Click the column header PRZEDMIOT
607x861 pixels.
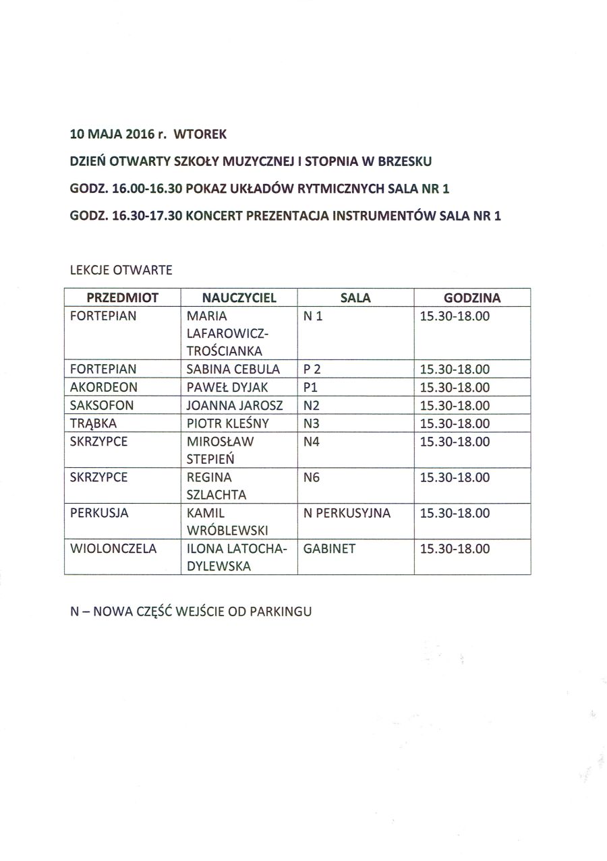coord(122,297)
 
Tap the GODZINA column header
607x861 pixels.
coord(472,297)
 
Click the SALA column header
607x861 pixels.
coord(355,297)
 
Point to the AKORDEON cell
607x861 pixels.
coord(104,388)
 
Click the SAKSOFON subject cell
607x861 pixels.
coord(102,406)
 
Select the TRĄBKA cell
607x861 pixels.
coord(94,424)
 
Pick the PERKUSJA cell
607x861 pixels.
coord(99,513)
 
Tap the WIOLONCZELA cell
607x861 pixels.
coord(113,549)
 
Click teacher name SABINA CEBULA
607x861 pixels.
coord(233,369)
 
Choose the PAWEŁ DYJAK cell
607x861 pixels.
coord(227,388)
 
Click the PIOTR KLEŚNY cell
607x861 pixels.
coord(228,424)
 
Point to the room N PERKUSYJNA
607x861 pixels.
coord(347,513)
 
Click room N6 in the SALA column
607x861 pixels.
coord(312,477)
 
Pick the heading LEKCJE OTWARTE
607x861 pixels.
coord(121,270)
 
